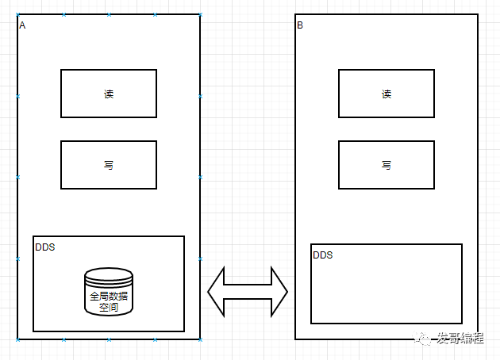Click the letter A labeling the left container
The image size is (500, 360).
(x=22, y=25)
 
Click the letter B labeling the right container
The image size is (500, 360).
(x=300, y=25)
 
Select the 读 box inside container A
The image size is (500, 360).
(x=109, y=94)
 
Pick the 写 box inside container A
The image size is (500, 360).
(x=109, y=165)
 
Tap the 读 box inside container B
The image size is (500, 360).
(x=387, y=94)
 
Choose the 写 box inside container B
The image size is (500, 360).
(x=387, y=165)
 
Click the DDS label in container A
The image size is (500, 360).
(x=45, y=247)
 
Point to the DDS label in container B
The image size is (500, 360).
(x=323, y=255)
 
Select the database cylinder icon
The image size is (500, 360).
(x=109, y=293)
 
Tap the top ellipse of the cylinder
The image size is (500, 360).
(x=109, y=276)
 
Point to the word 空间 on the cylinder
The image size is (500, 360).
(x=109, y=307)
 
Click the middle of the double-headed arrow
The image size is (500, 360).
(x=248, y=292)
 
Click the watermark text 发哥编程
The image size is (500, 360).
(x=460, y=339)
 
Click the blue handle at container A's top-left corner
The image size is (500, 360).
(x=17, y=14)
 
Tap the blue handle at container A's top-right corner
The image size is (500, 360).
(x=200, y=14)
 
